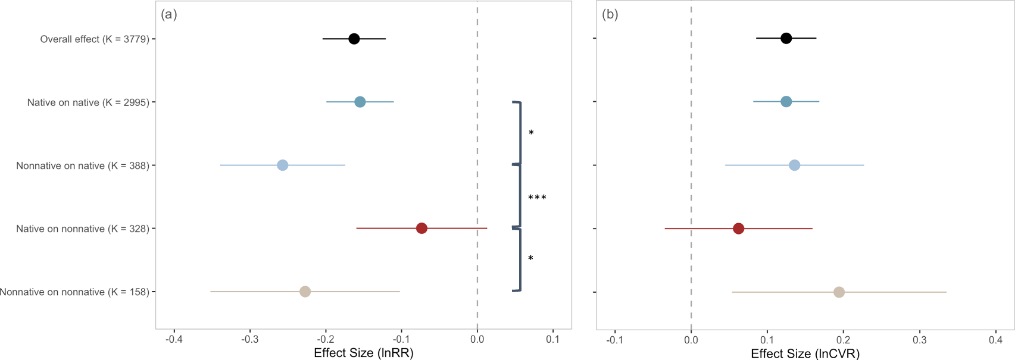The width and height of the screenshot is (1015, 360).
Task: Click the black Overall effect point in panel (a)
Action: click(x=354, y=39)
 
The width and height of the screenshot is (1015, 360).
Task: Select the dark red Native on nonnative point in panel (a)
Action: click(x=421, y=228)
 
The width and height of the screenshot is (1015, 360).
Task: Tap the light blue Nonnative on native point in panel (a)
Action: click(x=283, y=165)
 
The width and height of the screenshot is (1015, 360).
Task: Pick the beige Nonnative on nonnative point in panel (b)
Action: click(x=839, y=292)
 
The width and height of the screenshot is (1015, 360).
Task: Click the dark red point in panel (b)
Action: click(x=738, y=228)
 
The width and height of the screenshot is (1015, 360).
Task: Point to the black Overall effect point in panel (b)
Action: click(x=786, y=38)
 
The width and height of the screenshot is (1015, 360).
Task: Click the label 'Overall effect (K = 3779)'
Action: click(x=95, y=39)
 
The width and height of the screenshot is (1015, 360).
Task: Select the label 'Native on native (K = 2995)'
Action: click(x=88, y=102)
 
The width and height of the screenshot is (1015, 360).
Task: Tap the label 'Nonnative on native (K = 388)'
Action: click(x=83, y=165)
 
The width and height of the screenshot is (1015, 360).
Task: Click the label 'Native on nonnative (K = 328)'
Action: click(x=83, y=228)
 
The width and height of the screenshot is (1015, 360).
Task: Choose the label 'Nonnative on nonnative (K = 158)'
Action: click(x=74, y=292)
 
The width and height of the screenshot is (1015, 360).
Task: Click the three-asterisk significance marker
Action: click(x=537, y=198)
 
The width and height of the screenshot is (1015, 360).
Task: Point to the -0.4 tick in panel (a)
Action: click(x=174, y=339)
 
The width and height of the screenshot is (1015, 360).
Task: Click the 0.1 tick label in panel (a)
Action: click(x=553, y=339)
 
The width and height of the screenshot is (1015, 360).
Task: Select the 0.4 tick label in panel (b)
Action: click(x=996, y=340)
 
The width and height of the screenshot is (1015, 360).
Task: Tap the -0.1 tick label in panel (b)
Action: click(x=615, y=340)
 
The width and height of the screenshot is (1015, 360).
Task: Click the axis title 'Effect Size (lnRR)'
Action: click(x=363, y=353)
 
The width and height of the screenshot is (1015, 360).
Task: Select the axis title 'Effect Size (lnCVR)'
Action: click(x=805, y=353)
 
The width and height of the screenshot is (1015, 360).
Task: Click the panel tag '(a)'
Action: click(x=169, y=15)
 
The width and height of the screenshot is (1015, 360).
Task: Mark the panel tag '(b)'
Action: click(x=610, y=15)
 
